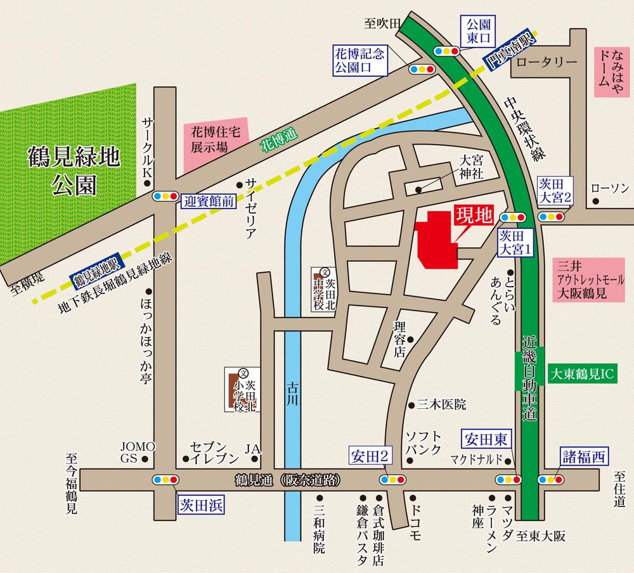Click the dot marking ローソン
click(x=597, y=203)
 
